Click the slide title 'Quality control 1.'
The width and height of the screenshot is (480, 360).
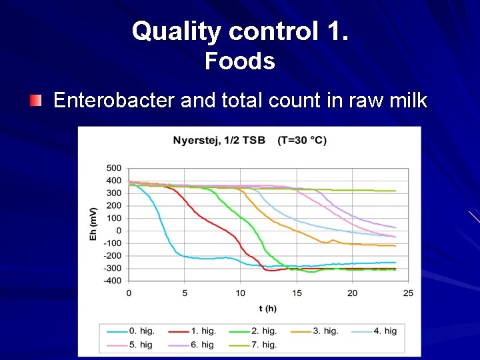(x=239, y=31)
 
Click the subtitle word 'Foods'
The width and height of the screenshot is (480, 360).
(x=239, y=61)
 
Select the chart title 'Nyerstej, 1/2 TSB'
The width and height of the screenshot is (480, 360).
(x=219, y=140)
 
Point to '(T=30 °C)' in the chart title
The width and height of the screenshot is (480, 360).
(x=302, y=140)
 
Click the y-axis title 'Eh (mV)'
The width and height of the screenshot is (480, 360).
(x=94, y=223)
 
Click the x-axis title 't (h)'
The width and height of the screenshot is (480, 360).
(x=267, y=308)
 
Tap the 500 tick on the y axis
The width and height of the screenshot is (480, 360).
(x=113, y=168)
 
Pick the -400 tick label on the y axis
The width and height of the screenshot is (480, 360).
(x=112, y=281)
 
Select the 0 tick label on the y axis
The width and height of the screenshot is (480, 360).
(x=118, y=231)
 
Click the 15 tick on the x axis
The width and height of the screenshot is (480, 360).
(x=297, y=293)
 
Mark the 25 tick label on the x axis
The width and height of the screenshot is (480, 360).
(x=408, y=293)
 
